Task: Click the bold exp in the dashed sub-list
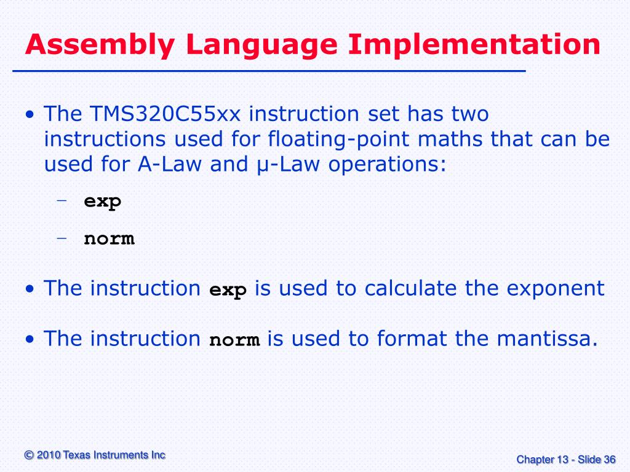tap(103, 202)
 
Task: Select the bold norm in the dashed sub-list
tap(109, 238)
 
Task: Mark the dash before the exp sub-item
tap(62, 201)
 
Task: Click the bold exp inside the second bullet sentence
tap(228, 290)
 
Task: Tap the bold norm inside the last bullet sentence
tap(234, 340)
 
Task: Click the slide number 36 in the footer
tap(610, 459)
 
